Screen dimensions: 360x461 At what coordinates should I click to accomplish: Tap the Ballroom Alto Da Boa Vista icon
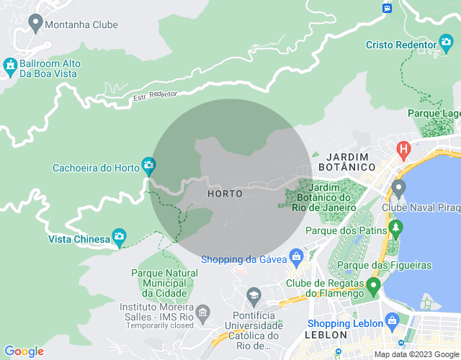[10, 68]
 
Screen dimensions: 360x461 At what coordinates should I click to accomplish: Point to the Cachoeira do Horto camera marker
[148, 167]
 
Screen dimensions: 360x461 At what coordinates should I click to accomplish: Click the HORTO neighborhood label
[224, 194]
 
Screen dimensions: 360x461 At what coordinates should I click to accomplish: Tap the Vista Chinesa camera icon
[119, 237]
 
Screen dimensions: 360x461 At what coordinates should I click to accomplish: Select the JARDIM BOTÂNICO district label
[351, 161]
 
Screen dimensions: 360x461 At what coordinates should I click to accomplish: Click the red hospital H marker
[403, 150]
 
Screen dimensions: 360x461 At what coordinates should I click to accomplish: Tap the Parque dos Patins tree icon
[395, 229]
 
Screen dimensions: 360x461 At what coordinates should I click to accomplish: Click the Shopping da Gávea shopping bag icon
[296, 257]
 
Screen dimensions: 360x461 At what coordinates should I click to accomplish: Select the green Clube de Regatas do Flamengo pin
[372, 287]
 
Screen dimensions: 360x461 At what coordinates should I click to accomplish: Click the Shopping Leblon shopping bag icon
[391, 320]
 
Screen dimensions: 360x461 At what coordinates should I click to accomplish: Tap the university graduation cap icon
[254, 295]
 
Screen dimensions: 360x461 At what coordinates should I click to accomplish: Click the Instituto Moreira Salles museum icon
[203, 312]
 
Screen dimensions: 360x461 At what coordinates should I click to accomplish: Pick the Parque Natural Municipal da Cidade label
[164, 283]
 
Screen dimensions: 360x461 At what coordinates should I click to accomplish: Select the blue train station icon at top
[388, 6]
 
